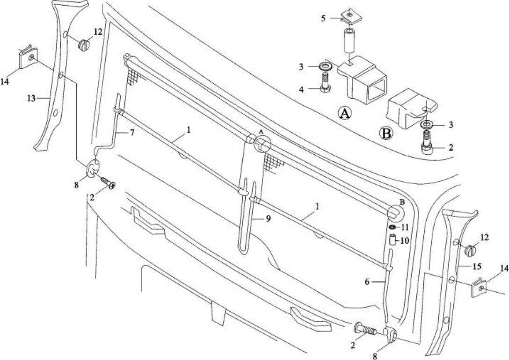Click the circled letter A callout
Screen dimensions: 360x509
344,113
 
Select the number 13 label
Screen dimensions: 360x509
31,98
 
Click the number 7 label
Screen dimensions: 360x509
132,133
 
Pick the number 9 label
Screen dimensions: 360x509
268,218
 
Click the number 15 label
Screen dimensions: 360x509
476,266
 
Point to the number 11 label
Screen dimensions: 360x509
405,227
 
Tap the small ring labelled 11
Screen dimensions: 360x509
392,227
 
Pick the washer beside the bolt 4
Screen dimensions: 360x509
326,66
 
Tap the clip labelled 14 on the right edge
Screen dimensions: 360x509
479,287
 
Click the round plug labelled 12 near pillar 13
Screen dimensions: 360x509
84,45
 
